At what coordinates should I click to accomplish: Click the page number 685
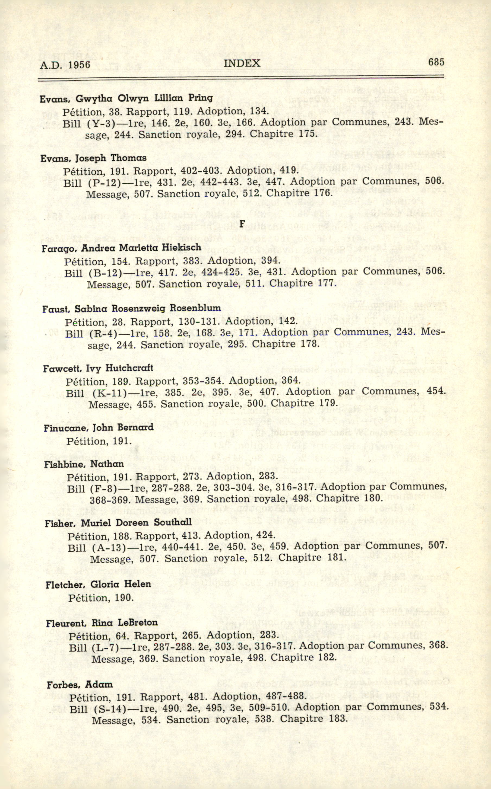[x=436, y=62]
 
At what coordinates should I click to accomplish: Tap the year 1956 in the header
[x=79, y=65]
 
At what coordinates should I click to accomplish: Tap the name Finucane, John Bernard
[x=99, y=428]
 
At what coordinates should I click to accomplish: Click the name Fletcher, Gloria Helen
[x=98, y=584]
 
